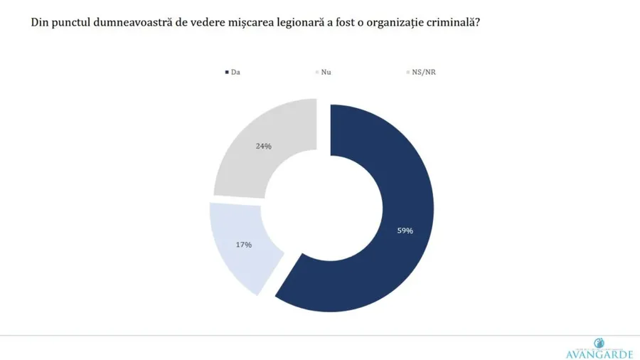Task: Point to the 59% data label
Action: [405, 231]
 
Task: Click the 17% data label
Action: [243, 245]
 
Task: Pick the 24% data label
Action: [263, 146]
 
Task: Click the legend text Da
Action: [235, 73]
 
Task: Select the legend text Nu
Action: [326, 73]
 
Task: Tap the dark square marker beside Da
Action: [226, 73]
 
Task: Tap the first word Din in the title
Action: [39, 22]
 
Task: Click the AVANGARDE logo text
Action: [599, 354]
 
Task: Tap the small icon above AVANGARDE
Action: [598, 342]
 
